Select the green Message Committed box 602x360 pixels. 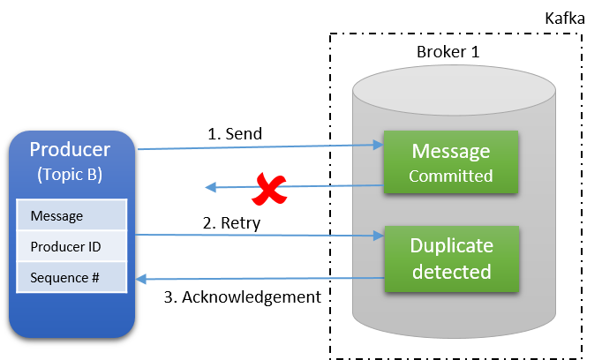[x=450, y=162]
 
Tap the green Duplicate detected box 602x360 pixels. [x=450, y=258]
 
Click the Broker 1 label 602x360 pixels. [x=448, y=51]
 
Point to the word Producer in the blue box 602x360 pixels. [x=71, y=149]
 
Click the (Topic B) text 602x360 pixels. [x=71, y=174]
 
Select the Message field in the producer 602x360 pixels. [x=71, y=215]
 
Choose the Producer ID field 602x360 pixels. [x=71, y=247]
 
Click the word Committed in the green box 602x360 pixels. [x=450, y=176]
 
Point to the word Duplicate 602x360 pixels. [x=450, y=244]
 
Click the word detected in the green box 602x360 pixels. [x=450, y=271]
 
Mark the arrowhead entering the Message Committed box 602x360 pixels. [x=378, y=146]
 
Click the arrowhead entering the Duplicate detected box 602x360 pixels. [x=378, y=236]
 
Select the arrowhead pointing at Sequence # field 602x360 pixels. [x=139, y=280]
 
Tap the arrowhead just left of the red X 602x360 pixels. [x=211, y=187]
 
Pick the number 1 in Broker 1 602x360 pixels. [x=475, y=51]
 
